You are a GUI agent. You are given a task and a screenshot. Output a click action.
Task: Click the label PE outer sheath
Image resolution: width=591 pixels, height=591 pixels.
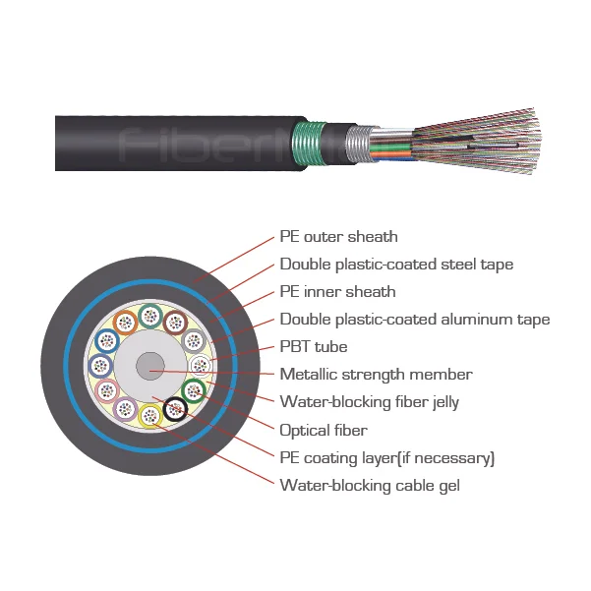[x=338, y=237]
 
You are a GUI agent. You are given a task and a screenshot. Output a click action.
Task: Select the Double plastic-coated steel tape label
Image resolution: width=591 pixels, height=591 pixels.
[x=396, y=265]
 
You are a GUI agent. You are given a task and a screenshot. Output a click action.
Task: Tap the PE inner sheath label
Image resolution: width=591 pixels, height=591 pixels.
[x=337, y=292]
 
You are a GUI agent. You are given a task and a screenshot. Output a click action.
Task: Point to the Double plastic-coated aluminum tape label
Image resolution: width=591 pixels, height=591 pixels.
[x=414, y=320]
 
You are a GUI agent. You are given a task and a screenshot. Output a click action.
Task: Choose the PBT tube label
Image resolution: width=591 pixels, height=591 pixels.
[x=313, y=347]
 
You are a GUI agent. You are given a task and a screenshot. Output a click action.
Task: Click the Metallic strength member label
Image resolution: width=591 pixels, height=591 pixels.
[x=376, y=375]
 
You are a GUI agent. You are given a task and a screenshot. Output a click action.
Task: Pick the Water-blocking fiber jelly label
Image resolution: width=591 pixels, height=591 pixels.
[x=369, y=401]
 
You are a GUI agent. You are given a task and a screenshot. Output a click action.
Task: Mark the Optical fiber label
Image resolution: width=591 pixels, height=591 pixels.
[x=324, y=430]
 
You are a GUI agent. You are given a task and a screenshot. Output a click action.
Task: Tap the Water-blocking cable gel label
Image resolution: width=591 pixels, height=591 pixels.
[x=369, y=485]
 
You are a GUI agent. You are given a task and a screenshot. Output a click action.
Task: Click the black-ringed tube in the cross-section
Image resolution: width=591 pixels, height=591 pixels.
[x=177, y=408]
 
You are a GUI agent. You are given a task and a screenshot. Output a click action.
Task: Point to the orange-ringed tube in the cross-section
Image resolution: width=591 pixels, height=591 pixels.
[x=126, y=322]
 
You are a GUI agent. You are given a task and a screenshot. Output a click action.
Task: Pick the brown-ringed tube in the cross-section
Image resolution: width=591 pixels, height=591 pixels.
[x=175, y=322]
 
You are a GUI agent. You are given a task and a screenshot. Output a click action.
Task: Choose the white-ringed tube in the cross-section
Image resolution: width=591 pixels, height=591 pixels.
[x=200, y=367]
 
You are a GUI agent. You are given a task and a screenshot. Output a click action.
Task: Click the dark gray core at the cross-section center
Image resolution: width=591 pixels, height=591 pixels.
[x=150, y=367]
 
